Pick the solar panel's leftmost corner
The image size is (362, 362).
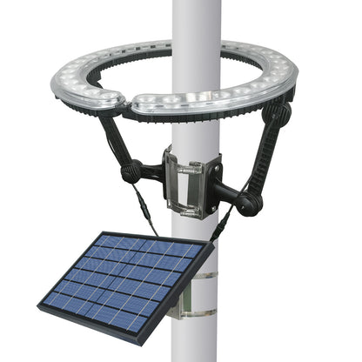click(40, 306)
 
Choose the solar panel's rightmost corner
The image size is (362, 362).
click(211, 246)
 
